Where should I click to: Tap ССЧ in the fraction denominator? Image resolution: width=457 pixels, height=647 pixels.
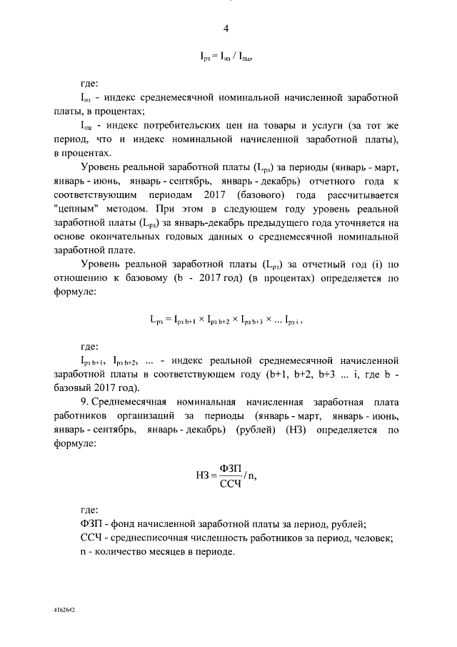(x=232, y=484)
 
